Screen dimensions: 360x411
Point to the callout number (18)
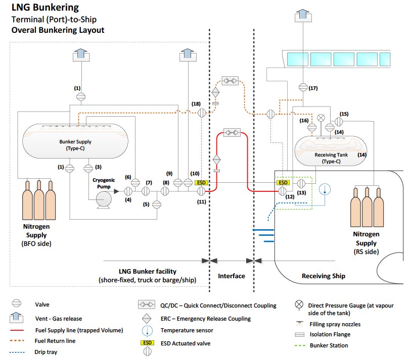click(196, 104)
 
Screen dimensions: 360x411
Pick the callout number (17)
click(313, 89)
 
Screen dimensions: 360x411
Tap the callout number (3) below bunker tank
click(99, 167)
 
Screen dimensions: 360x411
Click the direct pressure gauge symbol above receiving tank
click(320, 117)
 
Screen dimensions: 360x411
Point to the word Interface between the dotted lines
click(232, 276)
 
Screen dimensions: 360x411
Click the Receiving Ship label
click(324, 276)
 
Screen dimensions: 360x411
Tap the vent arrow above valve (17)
click(302, 16)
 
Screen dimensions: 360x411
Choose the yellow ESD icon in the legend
click(147, 343)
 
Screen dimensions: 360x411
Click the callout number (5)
click(146, 204)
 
